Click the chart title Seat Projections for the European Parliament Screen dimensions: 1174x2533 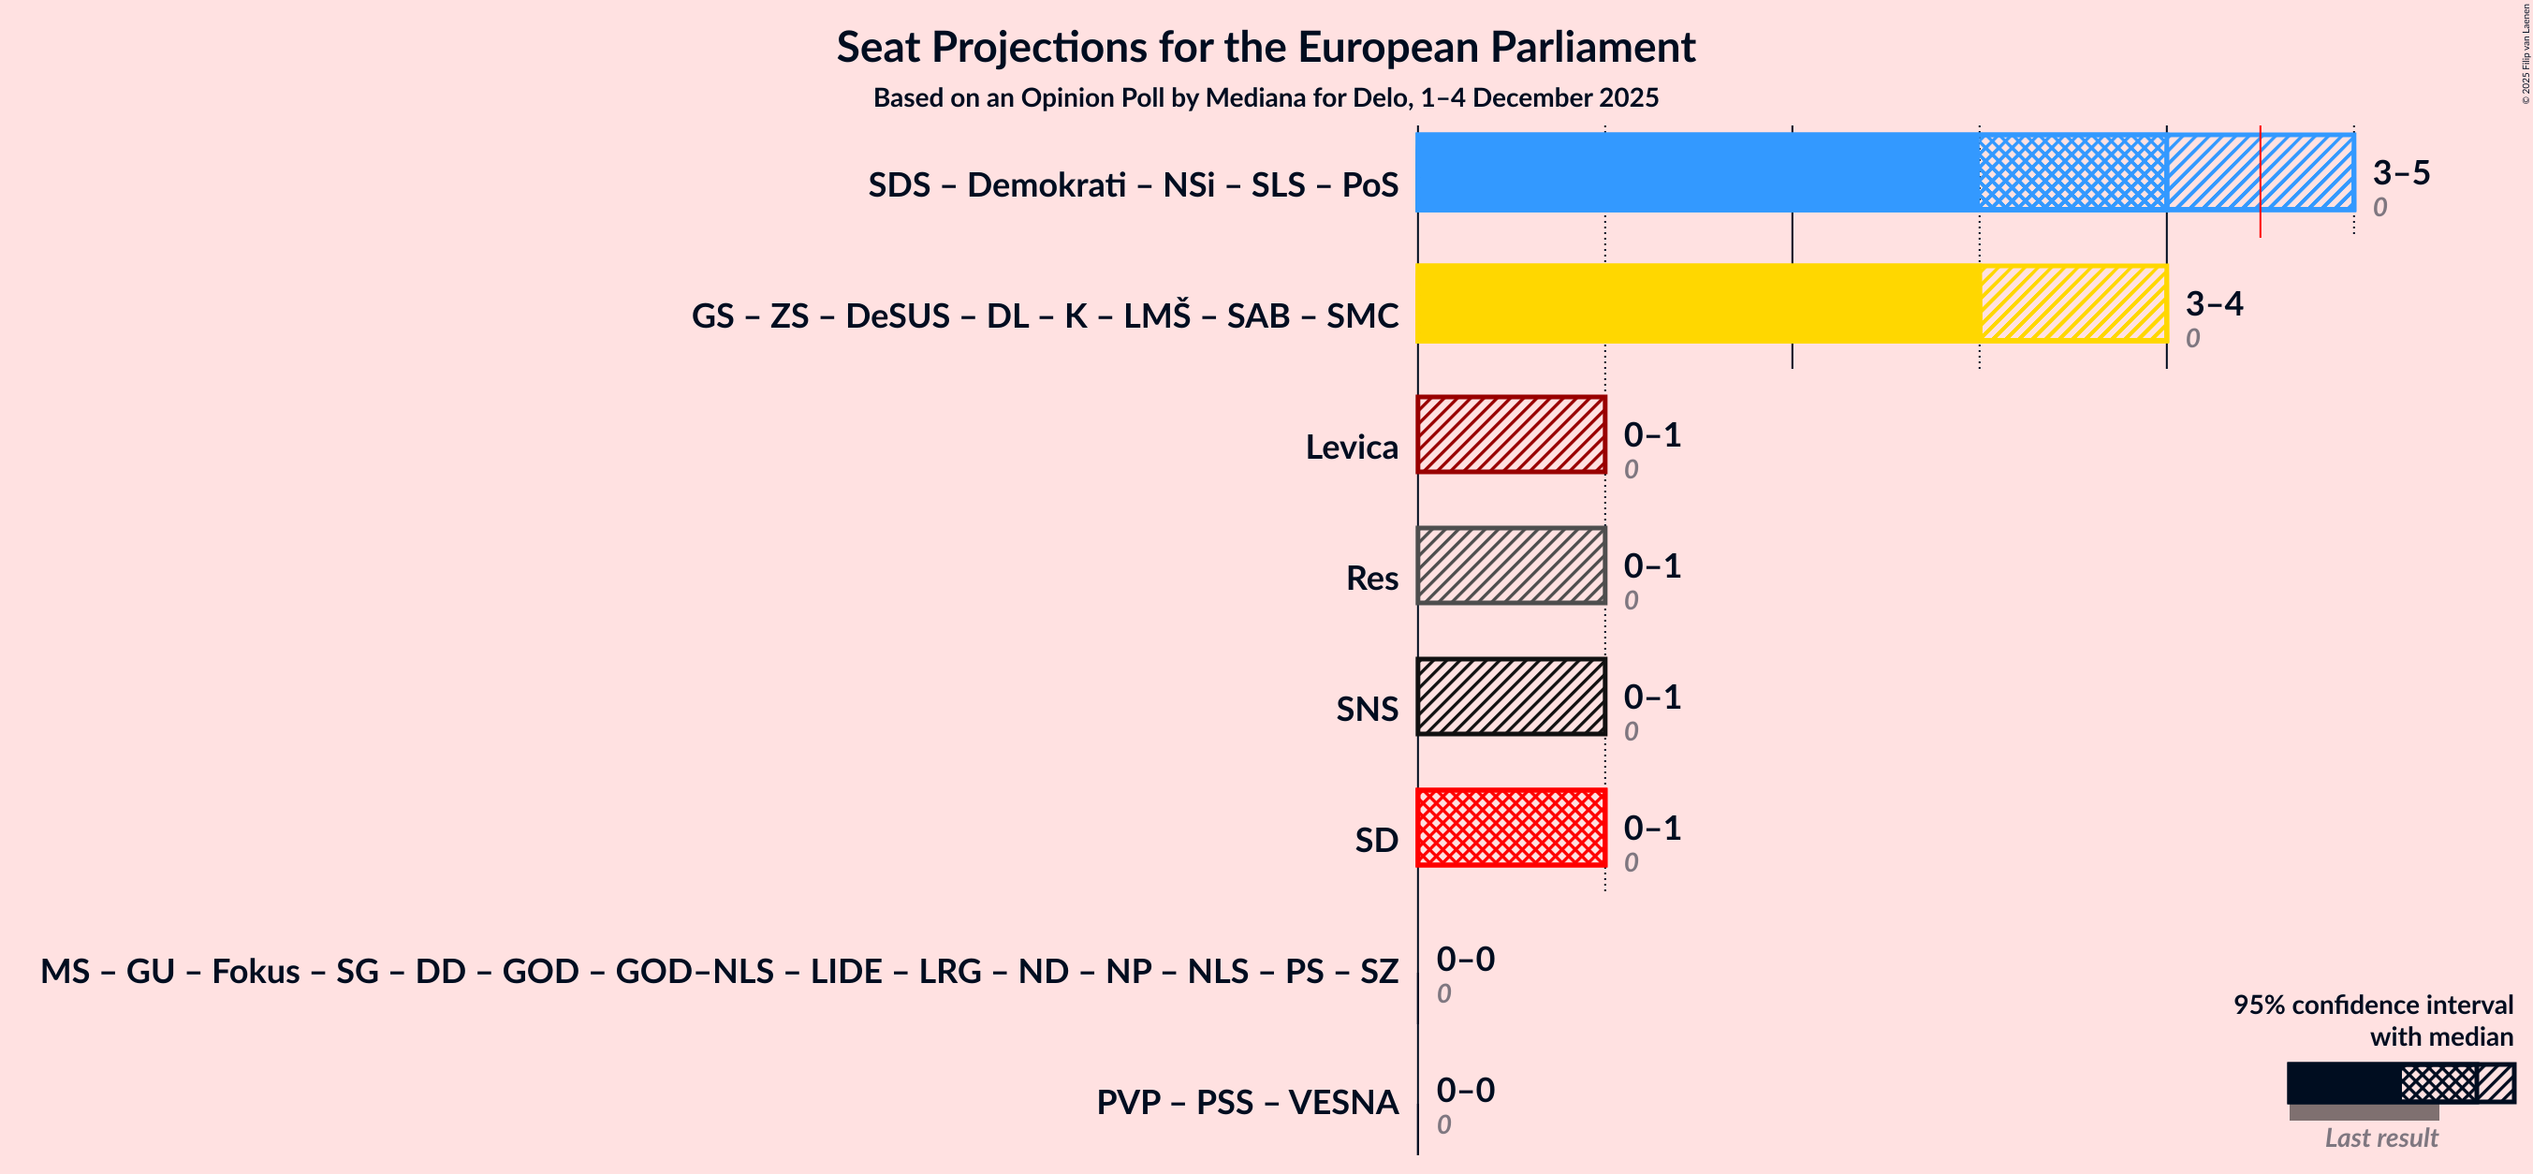1266,47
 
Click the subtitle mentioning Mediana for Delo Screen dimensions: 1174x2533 1266,98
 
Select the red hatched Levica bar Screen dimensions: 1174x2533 1511,434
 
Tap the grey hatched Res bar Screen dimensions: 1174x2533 1511,565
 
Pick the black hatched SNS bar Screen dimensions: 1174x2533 1511,697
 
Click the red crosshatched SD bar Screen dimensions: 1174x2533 1511,827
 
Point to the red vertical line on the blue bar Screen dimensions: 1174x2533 2260,182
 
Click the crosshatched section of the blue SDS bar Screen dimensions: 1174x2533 2072,172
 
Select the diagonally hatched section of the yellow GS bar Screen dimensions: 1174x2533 2072,302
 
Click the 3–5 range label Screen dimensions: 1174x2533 2400,173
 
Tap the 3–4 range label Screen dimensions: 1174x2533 2214,304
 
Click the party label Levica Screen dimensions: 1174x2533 1351,448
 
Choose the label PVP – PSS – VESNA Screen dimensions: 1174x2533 1247,1102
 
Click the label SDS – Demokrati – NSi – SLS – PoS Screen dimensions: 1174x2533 1133,184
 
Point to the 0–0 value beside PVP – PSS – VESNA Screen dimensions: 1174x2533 1464,1090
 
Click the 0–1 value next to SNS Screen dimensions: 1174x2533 1651,697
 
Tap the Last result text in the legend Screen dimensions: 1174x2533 2380,1137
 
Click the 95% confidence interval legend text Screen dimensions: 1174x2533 2372,1005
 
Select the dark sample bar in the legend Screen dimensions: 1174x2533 2342,1082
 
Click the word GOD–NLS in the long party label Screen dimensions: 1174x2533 695,972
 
